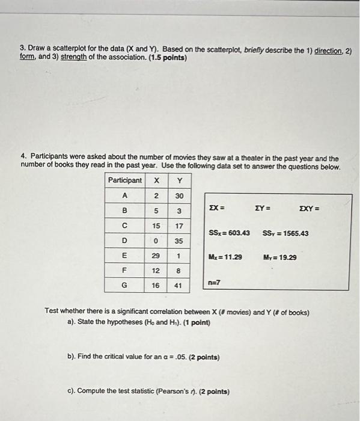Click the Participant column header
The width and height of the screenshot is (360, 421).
125,180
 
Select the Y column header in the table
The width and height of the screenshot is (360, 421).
178,180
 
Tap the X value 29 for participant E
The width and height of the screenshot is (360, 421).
156,256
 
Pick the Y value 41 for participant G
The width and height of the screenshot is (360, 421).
178,286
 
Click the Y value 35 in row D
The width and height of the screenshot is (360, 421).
178,241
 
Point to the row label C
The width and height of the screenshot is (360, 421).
125,226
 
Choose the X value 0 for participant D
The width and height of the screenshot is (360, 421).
156,241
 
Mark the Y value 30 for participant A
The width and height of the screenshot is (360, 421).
178,195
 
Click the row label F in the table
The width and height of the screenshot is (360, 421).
125,271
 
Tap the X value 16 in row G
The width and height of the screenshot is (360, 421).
156,286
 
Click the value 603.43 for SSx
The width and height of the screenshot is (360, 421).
239,233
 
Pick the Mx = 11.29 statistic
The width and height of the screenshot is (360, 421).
225,257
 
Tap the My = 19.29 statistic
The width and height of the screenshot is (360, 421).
280,257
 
